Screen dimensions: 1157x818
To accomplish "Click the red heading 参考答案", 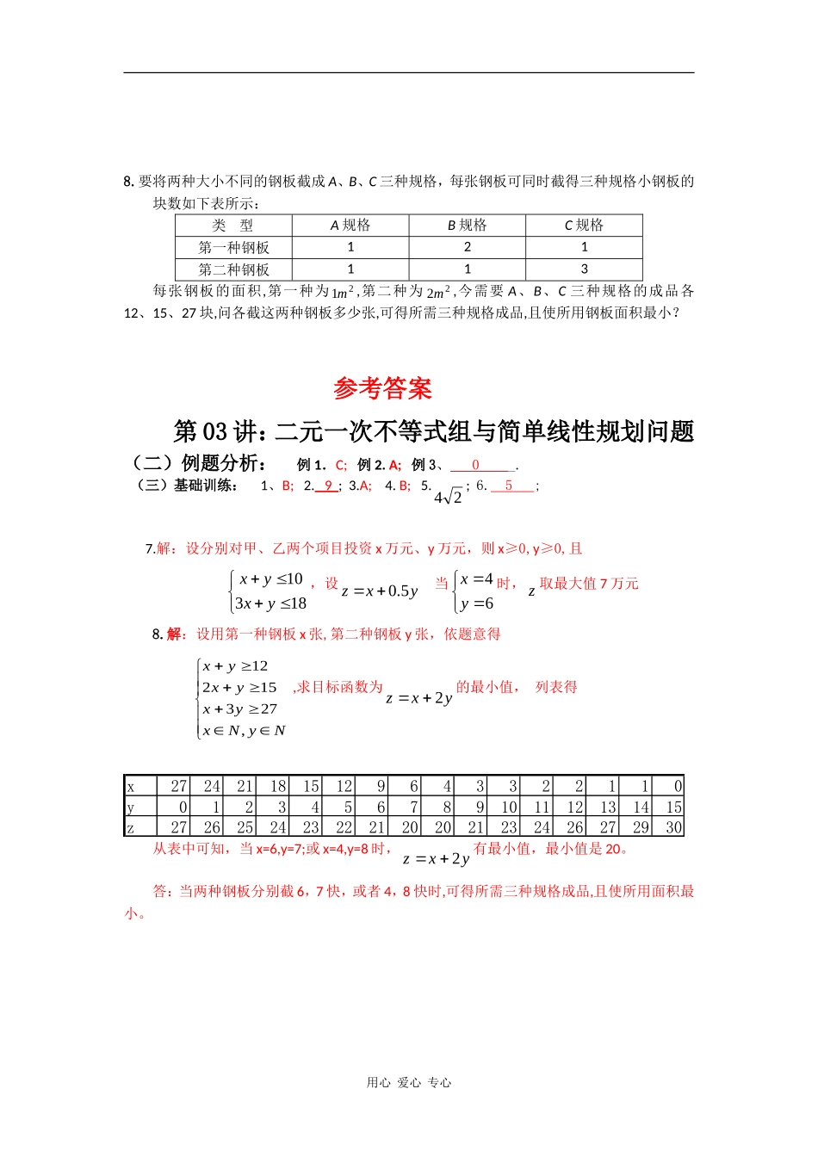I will click(x=382, y=388).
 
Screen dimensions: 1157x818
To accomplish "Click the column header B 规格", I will click(x=467, y=225).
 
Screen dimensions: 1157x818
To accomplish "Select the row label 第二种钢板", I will click(x=233, y=269).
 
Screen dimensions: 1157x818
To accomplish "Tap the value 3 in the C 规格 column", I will click(x=584, y=269).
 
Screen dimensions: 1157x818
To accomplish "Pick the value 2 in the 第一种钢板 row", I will click(x=467, y=247).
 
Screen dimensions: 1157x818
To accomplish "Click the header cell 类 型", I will click(x=233, y=225).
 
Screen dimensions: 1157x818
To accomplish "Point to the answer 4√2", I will click(x=449, y=497).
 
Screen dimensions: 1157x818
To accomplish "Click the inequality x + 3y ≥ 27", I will click(x=239, y=709).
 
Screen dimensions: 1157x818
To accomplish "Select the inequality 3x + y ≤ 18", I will click(x=270, y=603).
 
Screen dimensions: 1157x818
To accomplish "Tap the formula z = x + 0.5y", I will click(x=380, y=591).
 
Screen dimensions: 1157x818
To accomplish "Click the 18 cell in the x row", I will click(x=277, y=786).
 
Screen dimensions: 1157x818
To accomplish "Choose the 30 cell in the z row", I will click(x=673, y=827).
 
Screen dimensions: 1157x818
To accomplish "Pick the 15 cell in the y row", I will click(x=673, y=807).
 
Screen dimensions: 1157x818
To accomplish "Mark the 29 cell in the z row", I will click(x=641, y=827).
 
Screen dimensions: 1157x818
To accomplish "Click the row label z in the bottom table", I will click(x=131, y=827).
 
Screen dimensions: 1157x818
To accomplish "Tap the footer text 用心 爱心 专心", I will click(x=408, y=1083).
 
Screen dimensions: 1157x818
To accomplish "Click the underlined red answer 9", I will click(x=328, y=486).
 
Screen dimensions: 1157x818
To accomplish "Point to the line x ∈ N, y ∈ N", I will click(x=244, y=731).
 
